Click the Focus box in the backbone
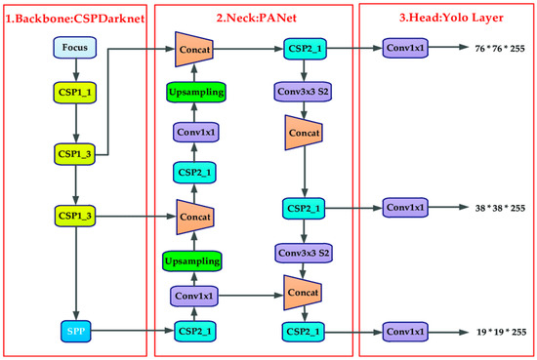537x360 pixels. pos(74,47)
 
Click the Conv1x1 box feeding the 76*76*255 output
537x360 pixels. pos(406,47)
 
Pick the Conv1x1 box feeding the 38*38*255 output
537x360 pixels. pos(406,209)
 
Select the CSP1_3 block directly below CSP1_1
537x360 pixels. pos(74,153)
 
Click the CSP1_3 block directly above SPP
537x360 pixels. pos(74,214)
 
